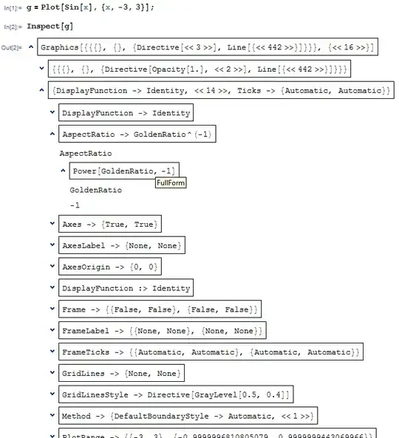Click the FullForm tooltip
(x=171, y=182)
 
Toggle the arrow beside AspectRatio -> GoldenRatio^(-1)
(x=51, y=135)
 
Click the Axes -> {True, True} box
(x=109, y=224)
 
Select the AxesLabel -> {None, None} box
(x=122, y=245)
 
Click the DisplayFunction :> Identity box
(x=126, y=288)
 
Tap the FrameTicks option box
(x=210, y=352)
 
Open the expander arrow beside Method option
(x=51, y=417)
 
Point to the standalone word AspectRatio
(x=86, y=154)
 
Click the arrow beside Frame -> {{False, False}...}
(x=51, y=309)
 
